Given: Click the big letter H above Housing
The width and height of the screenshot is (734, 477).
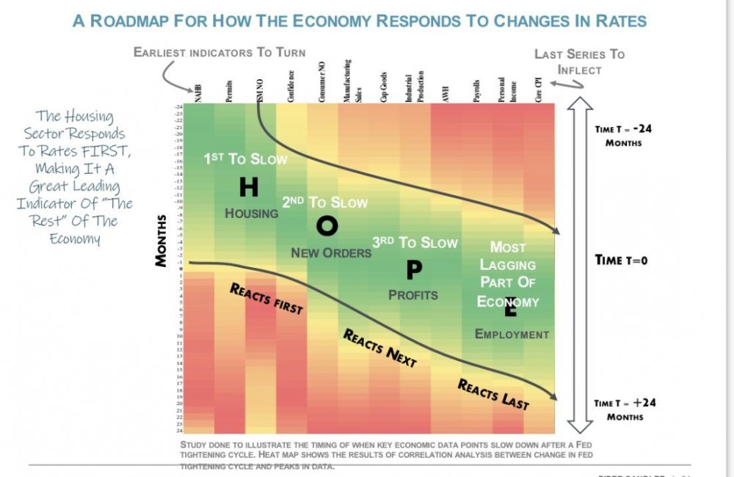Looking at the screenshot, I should pyautogui.click(x=249, y=188).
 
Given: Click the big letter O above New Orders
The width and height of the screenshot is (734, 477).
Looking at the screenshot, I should pyautogui.click(x=327, y=226).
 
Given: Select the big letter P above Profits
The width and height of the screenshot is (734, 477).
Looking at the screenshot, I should pyautogui.click(x=414, y=271).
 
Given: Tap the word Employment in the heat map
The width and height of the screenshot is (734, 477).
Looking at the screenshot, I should pyautogui.click(x=512, y=335).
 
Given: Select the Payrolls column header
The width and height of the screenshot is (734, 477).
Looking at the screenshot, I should pyautogui.click(x=476, y=90).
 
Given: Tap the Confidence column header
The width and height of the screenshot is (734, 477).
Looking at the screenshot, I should pyautogui.click(x=291, y=87).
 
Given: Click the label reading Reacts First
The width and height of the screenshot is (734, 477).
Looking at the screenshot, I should pyautogui.click(x=266, y=298).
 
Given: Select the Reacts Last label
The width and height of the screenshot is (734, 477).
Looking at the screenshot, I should pyautogui.click(x=493, y=393).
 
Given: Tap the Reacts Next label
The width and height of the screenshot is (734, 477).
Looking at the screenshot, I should pyautogui.click(x=379, y=347).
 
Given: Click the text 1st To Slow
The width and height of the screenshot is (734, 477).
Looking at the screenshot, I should pyautogui.click(x=246, y=159).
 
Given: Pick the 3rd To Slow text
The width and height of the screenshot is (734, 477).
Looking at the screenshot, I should pyautogui.click(x=415, y=243).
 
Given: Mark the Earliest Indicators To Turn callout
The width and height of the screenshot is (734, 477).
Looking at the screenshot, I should pyautogui.click(x=219, y=52).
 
